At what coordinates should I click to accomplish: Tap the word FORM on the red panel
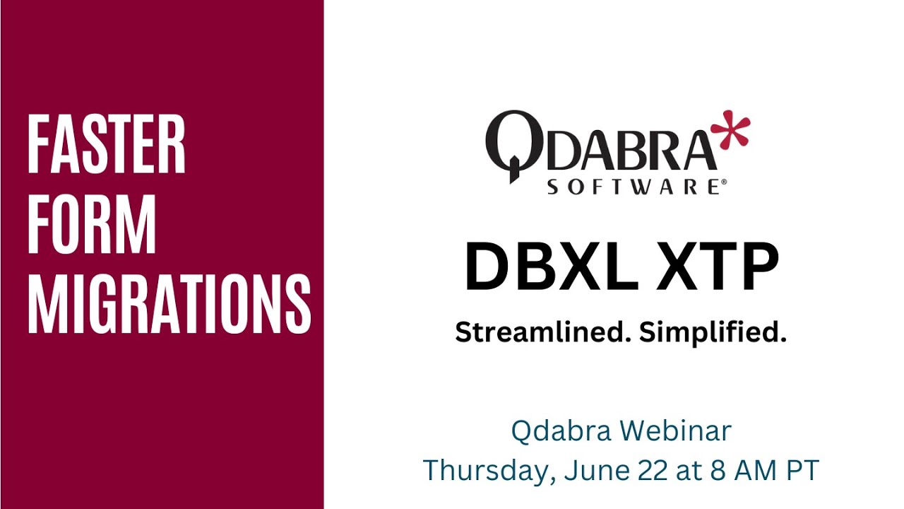pos(92,225)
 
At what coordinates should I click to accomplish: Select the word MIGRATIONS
pos(169,304)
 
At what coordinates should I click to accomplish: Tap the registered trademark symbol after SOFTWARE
pos(722,182)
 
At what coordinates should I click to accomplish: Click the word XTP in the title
pos(716,267)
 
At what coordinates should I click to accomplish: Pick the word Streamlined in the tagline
pos(543,332)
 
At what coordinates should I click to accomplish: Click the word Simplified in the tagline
pos(713,332)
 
